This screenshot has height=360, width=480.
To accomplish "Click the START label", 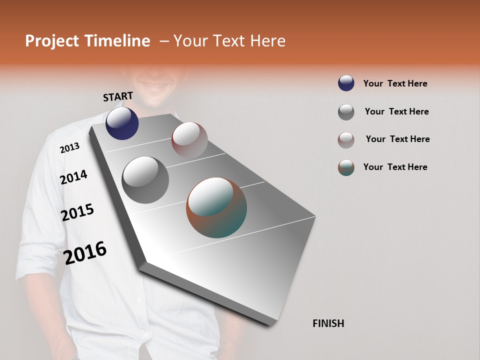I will (118, 96).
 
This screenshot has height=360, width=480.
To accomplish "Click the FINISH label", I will (328, 323).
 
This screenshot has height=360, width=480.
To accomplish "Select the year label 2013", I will (69, 148).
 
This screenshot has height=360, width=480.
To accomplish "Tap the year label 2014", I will (73, 177).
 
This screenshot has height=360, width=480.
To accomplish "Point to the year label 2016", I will (85, 253).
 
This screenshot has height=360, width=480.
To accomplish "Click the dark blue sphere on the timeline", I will (122, 123).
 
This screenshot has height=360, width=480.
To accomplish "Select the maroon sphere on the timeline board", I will (189, 140).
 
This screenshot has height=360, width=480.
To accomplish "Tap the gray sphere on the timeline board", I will (145, 180).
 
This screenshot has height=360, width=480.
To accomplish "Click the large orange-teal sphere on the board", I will (216, 207).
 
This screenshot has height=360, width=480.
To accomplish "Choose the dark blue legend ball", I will (346, 83).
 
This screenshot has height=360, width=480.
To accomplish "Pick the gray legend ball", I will (346, 112).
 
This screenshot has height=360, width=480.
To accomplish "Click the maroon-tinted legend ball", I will (346, 140).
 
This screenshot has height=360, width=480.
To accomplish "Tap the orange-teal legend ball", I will (346, 167).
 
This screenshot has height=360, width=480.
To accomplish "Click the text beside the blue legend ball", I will (395, 83).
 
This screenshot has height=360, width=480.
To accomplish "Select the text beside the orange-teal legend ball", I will (395, 167).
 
